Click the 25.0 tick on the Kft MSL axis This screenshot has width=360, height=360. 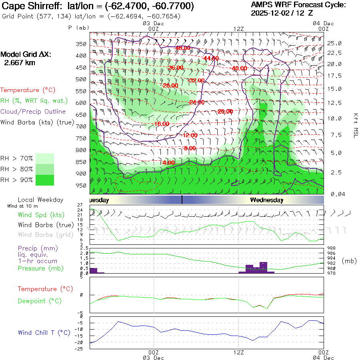coord(334,43)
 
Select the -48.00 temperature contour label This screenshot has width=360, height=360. coord(183,48)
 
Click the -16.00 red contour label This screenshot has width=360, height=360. coord(162,124)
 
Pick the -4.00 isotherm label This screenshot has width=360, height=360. coord(168,163)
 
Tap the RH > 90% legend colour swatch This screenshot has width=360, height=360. coord(45,180)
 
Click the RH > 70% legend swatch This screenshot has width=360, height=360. coord(45,158)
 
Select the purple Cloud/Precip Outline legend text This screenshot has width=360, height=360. coord(33,112)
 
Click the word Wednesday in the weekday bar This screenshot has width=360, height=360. coord(267,200)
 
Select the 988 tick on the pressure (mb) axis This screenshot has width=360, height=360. coord(333,248)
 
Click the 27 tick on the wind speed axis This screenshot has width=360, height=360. coord(84,205)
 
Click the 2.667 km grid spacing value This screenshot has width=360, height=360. coord(19,63)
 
